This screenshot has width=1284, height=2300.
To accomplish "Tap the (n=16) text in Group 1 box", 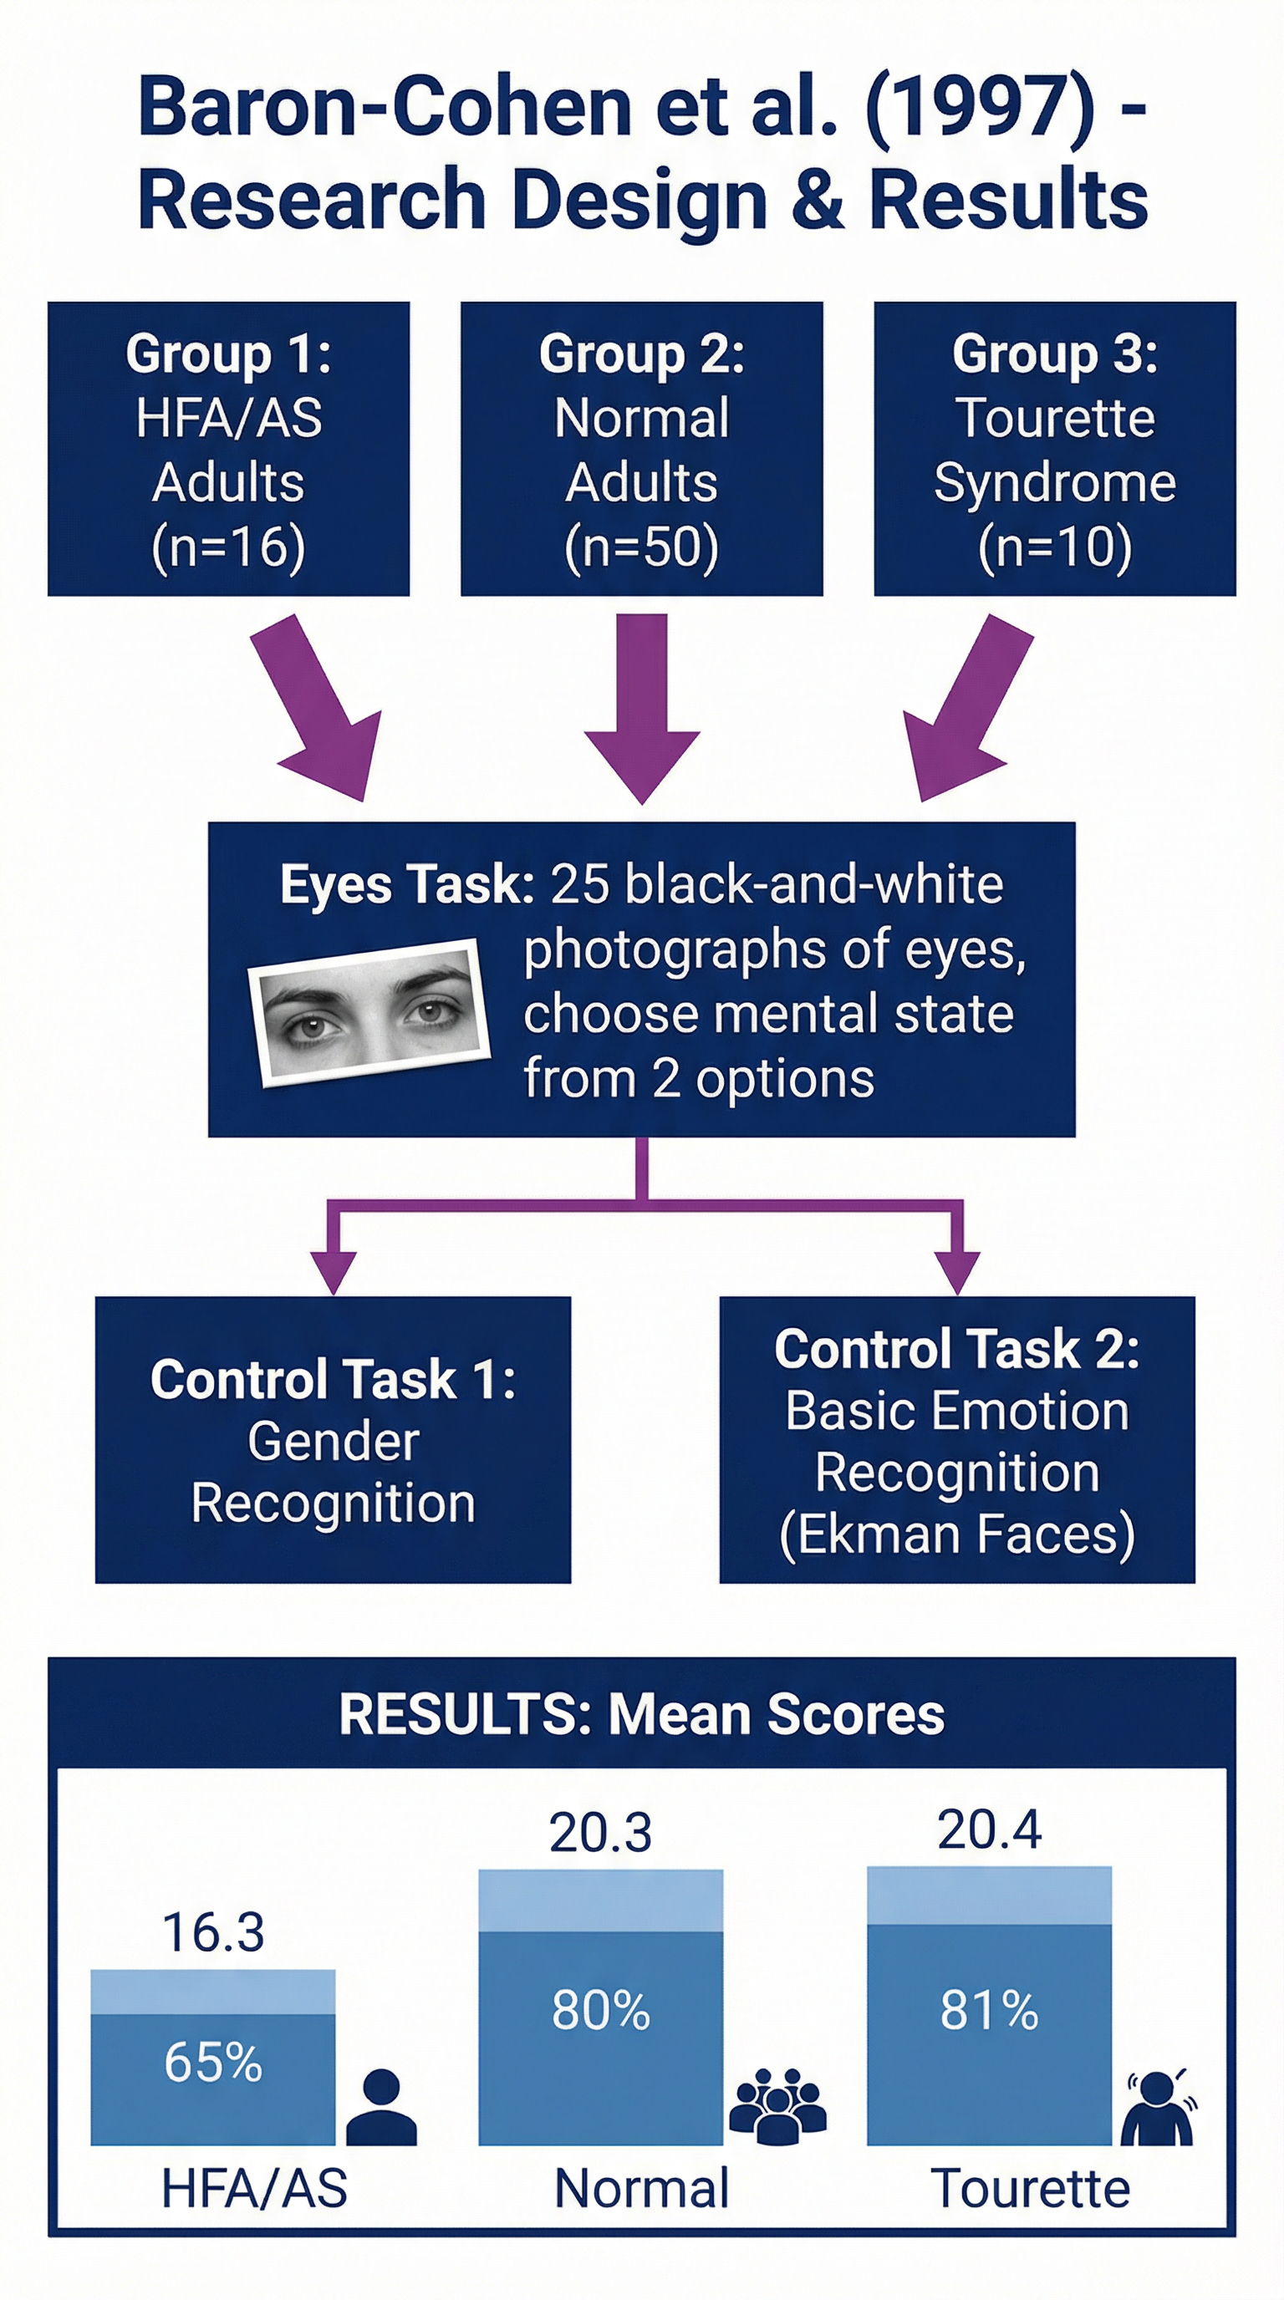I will (228, 547).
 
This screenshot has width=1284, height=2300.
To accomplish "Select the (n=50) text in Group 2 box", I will (641, 547).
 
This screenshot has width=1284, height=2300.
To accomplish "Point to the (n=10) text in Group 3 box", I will (1054, 547).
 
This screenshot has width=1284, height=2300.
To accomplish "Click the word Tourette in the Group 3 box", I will (1054, 418).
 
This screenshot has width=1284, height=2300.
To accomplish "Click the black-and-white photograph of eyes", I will (369, 1012).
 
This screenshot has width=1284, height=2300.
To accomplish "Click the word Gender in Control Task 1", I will (333, 1441).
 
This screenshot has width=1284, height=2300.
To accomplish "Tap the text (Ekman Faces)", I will (957, 1534).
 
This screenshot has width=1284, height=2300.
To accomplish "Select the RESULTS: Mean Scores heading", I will (641, 1714).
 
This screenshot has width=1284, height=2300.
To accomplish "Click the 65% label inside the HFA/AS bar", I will (213, 2063).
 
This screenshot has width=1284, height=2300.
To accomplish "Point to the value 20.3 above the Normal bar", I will (600, 1832).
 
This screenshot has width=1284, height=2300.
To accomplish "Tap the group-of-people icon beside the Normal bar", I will (777, 2105).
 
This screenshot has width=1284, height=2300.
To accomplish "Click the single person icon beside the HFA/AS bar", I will (381, 2107).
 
